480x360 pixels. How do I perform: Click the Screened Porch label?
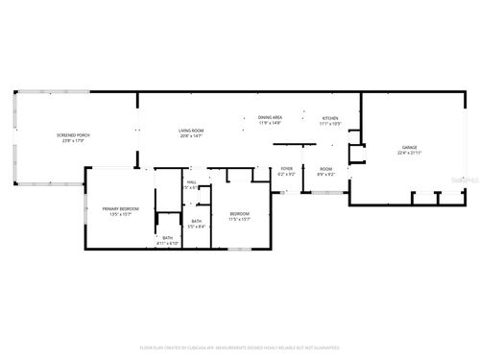point(73,135)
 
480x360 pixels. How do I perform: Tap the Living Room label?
point(191,131)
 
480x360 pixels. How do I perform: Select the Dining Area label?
point(270,117)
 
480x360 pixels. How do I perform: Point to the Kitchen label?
point(329,119)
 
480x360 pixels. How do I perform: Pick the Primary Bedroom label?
point(121,208)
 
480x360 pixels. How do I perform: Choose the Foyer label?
point(286,169)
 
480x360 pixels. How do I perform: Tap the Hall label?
point(191,181)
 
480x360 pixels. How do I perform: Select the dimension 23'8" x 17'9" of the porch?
point(73,141)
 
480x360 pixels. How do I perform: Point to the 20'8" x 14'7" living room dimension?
point(191,136)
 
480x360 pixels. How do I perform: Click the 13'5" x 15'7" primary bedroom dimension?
point(121,214)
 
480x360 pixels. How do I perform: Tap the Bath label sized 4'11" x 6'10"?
point(168,238)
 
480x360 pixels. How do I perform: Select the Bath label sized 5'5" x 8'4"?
point(196,221)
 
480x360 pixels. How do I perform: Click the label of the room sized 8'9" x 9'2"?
point(325,169)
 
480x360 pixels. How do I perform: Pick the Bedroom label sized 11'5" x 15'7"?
point(238,213)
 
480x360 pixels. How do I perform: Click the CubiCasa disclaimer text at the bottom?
point(239,348)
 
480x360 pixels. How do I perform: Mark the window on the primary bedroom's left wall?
point(85,208)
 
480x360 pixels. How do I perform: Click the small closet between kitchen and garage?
point(357,154)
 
